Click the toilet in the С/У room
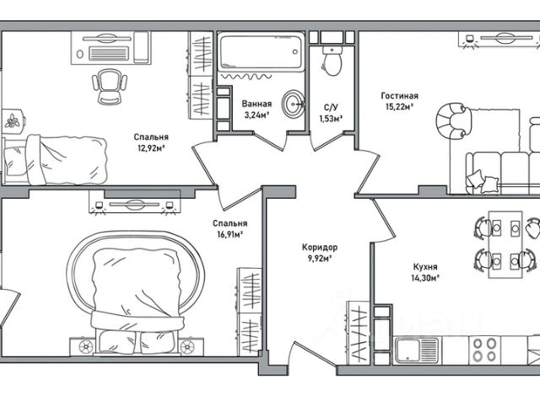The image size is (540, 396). click(x=332, y=62)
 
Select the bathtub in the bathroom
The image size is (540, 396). click(x=261, y=51)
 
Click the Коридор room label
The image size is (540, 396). click(x=320, y=247)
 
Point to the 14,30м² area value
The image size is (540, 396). click(x=425, y=278)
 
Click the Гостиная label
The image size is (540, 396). click(x=399, y=96)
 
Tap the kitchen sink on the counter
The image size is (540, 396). click(x=417, y=351)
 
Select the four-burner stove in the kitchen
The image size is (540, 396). click(x=484, y=350)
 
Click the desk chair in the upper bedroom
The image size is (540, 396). click(x=110, y=86)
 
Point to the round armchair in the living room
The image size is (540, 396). click(x=452, y=121)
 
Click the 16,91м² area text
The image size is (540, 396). click(x=229, y=235)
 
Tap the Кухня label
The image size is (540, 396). click(x=425, y=267)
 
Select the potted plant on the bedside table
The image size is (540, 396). click(x=13, y=121)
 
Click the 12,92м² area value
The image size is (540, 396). click(x=151, y=148)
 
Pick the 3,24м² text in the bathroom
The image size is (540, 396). click(x=256, y=115)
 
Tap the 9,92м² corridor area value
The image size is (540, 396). click(x=320, y=259)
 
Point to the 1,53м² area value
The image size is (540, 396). click(x=331, y=119)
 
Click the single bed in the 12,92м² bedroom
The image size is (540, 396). click(x=55, y=160)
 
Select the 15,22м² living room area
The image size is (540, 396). click(x=399, y=107)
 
